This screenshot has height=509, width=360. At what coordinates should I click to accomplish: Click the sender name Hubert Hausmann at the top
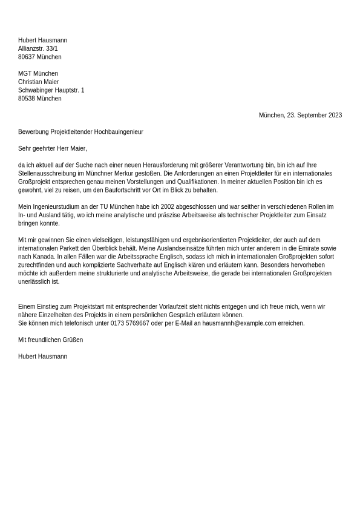pyautogui.click(x=42, y=41)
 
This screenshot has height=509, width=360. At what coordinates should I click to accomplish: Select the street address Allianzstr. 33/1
pyautogui.click(x=38, y=49)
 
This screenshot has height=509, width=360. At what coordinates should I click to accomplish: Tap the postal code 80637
pyautogui.click(x=27, y=57)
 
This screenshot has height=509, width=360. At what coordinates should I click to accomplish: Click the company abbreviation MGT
pyautogui.click(x=25, y=74)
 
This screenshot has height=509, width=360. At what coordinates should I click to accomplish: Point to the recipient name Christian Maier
pyautogui.click(x=38, y=82)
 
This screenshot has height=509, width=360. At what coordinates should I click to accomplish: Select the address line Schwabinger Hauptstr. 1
pyautogui.click(x=51, y=91)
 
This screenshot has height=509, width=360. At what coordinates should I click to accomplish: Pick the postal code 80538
pyautogui.click(x=27, y=99)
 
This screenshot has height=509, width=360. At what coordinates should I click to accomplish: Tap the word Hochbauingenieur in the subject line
pyautogui.click(x=119, y=132)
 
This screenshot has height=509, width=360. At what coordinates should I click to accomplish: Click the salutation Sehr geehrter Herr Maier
pyautogui.click(x=52, y=149)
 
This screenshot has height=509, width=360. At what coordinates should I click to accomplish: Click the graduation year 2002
pyautogui.click(x=168, y=207)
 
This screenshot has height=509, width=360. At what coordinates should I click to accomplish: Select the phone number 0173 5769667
pyautogui.click(x=129, y=324)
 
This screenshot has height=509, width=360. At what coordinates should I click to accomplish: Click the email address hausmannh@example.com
pyautogui.click(x=239, y=324)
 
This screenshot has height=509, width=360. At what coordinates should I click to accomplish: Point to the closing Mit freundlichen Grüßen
pyautogui.click(x=50, y=340)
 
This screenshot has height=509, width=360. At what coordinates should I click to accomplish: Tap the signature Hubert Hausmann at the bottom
pyautogui.click(x=42, y=357)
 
